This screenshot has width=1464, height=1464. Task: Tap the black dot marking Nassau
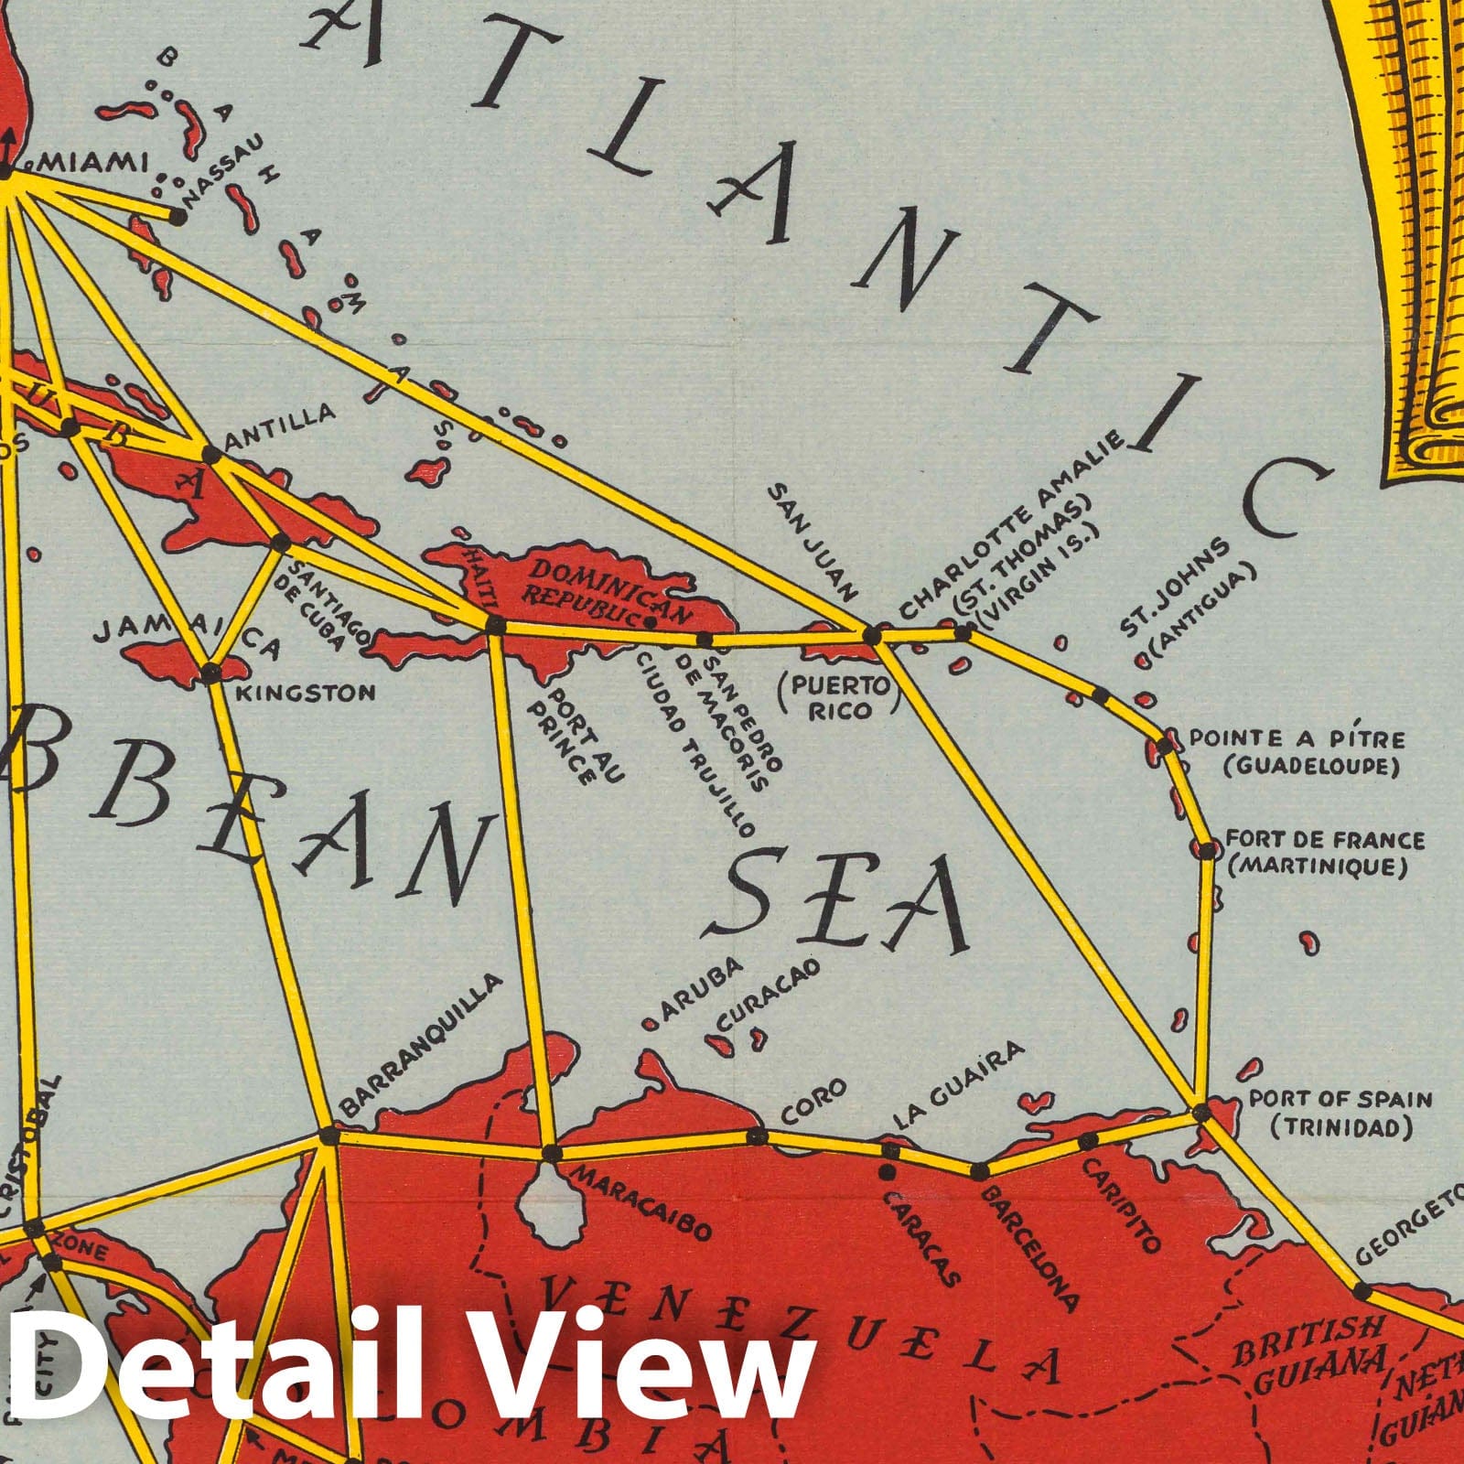pyautogui.click(x=176, y=217)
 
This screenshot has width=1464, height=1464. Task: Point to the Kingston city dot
pyautogui.click(x=211, y=674)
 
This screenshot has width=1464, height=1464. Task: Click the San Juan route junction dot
pyautogui.click(x=872, y=634)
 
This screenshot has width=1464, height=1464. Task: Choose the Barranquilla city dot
pyautogui.click(x=327, y=1136)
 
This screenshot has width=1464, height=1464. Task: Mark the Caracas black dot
pyautogui.click(x=887, y=1172)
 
